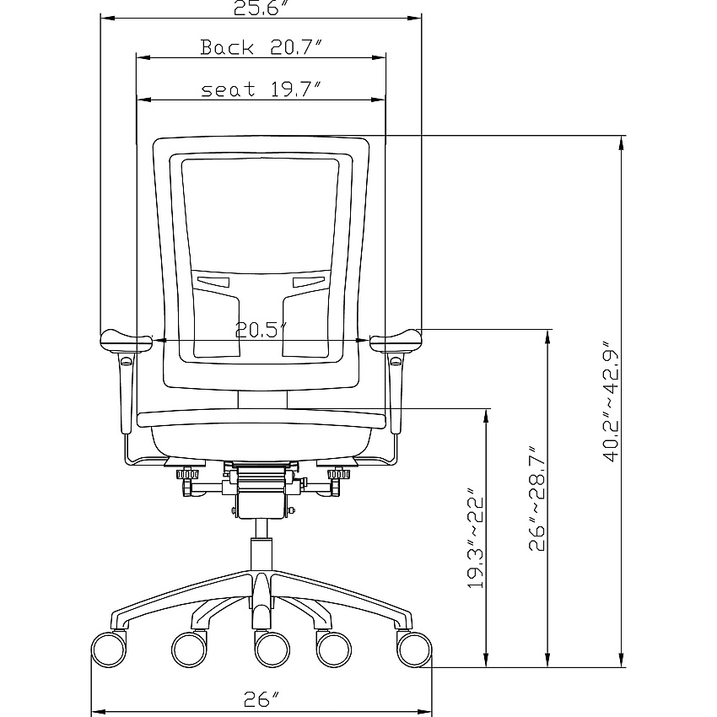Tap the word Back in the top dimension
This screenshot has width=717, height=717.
click(x=227, y=47)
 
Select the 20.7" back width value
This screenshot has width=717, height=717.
click(x=296, y=47)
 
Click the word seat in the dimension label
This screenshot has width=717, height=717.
click(x=229, y=89)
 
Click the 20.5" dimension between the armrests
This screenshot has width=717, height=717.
click(x=261, y=330)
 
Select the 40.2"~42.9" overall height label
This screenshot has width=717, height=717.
click(x=611, y=401)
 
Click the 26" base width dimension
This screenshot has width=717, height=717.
click(x=261, y=698)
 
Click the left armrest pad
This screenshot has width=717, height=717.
click(x=126, y=341)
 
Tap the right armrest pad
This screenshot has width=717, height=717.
click(x=396, y=341)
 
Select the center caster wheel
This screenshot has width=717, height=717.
click(x=272, y=650)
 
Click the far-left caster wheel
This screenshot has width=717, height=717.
click(x=109, y=649)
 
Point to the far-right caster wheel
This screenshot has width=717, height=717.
click(x=414, y=649)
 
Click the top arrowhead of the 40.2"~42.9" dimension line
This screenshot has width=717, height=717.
click(x=621, y=143)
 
